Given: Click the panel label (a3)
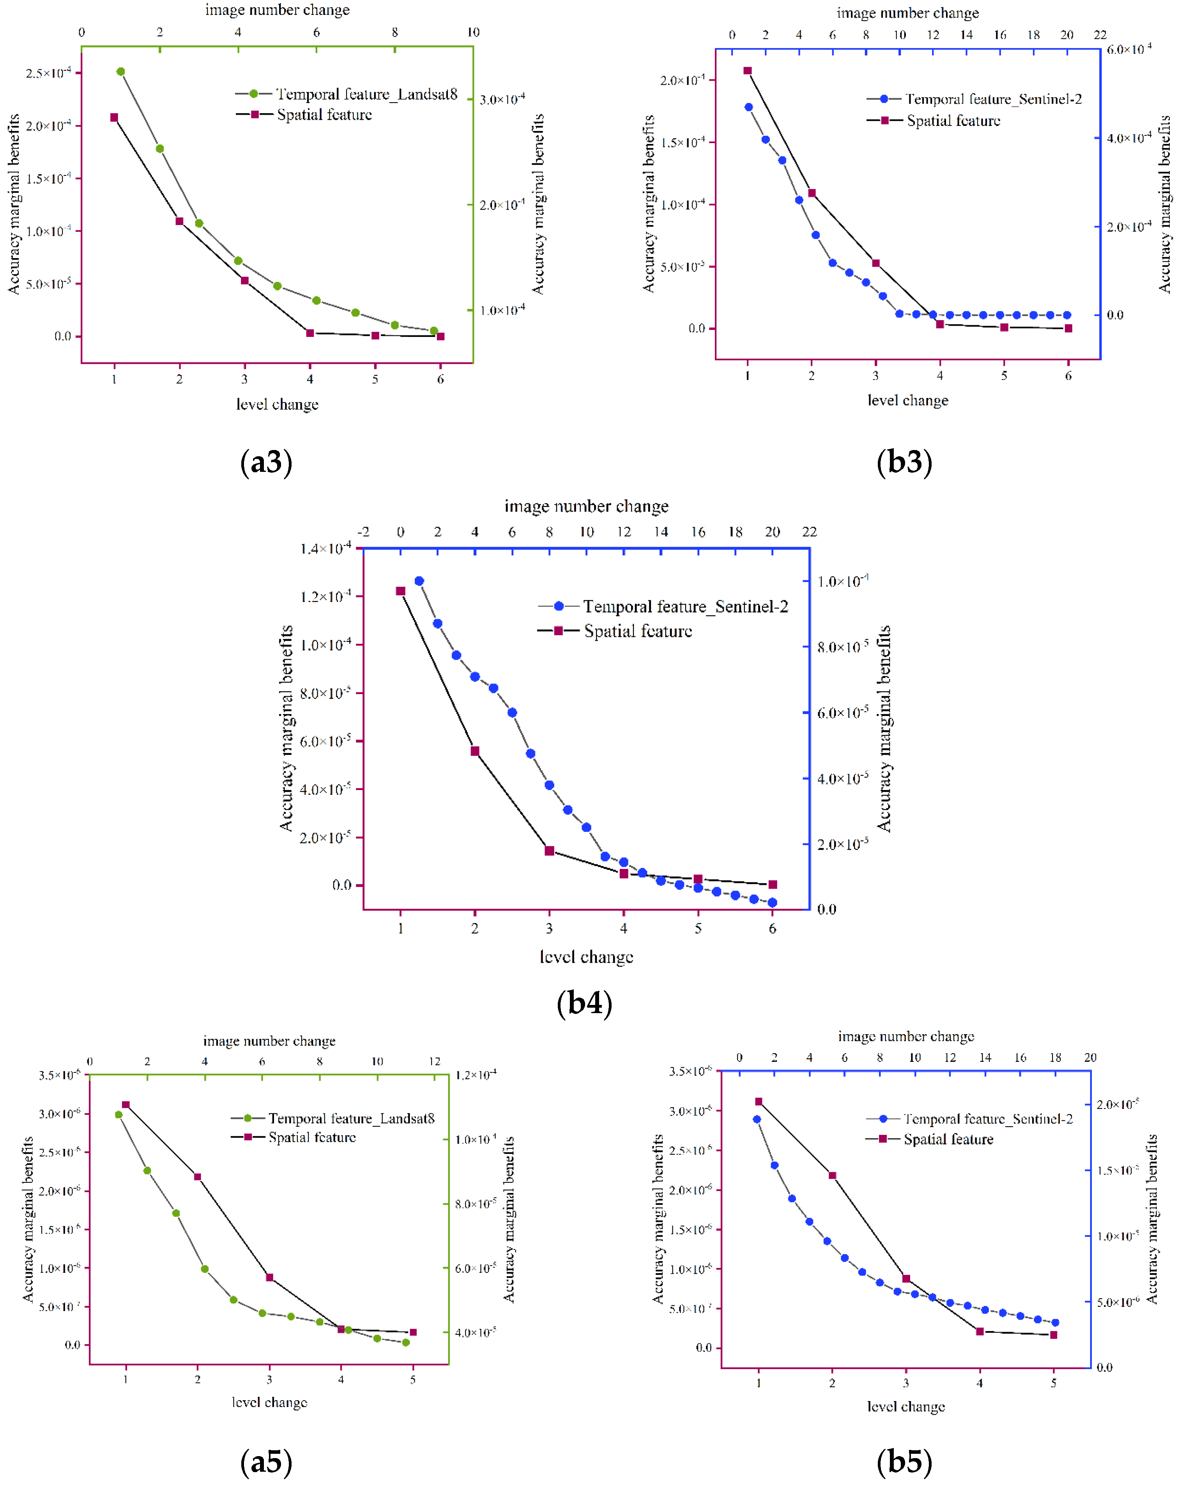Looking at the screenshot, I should click(266, 462).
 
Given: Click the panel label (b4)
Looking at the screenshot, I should click(585, 1003).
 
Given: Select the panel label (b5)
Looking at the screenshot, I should click(904, 1461).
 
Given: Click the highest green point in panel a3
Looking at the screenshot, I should click(120, 71).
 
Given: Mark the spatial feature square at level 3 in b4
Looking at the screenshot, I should click(549, 851).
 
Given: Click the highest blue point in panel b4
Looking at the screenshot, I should click(419, 581).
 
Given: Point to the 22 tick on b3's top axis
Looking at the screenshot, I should click(1100, 35).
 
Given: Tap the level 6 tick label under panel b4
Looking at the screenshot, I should click(773, 929).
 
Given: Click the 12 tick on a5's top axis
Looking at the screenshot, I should click(435, 1061).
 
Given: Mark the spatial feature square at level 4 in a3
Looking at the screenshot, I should click(310, 333).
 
